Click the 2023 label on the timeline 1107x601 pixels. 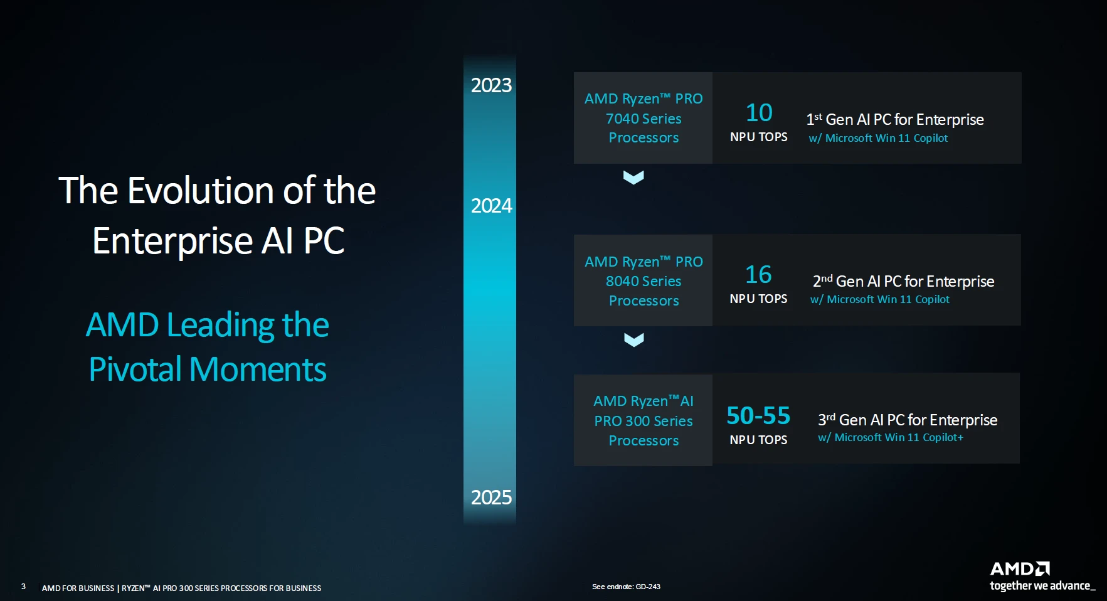tap(491, 85)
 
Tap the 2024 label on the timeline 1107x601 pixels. tap(491, 206)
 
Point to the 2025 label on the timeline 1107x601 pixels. tap(491, 497)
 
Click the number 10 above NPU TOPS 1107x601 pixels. tap(759, 113)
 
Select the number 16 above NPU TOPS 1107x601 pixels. tap(758, 275)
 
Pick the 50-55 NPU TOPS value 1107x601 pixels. tap(758, 416)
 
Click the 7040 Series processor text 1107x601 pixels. tap(644, 119)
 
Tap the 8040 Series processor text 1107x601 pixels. tap(644, 281)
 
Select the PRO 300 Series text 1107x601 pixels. tap(644, 421)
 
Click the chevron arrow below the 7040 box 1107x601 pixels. tap(633, 178)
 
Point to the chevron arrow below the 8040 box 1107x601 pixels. tap(634, 340)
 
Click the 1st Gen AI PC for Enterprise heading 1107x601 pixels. tap(895, 119)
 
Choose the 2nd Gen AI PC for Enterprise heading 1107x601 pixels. tap(903, 281)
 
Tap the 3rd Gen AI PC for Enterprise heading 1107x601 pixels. tap(908, 420)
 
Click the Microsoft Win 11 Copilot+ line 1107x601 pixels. tap(891, 437)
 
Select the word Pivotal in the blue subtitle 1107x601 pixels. tap(135, 369)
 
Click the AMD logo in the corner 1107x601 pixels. tap(1020, 569)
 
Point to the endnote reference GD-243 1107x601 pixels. tap(648, 587)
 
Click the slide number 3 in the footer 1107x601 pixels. tap(23, 587)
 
